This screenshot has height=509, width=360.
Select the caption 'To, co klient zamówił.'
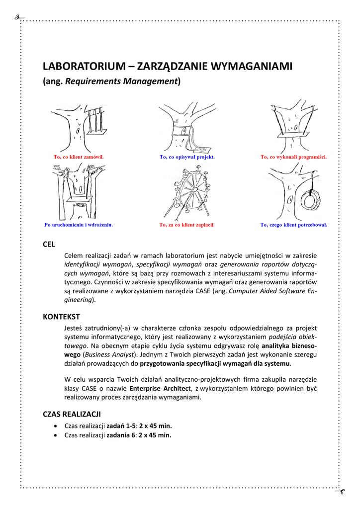[79, 157]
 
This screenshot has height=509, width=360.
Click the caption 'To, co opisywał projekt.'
[187, 157]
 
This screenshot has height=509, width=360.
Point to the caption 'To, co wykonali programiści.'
[293, 157]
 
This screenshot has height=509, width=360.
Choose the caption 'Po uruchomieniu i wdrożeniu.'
[79, 225]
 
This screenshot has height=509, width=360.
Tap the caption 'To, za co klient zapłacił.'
[187, 225]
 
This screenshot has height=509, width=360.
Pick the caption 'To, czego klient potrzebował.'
[294, 225]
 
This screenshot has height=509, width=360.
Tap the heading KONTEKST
[61, 317]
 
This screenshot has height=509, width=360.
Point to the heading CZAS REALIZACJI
[72, 414]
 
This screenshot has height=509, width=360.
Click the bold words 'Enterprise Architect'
[160, 388]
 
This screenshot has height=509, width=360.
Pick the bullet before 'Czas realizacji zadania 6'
[55, 435]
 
